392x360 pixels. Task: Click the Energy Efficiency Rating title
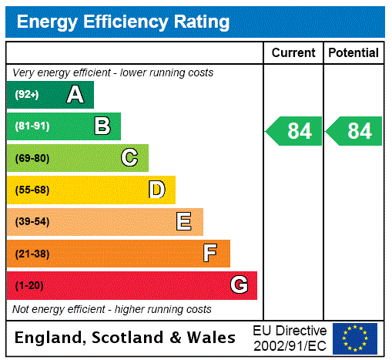123,22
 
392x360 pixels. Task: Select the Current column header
293,52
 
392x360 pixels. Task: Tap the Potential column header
353,52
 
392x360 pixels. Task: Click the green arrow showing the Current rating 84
293,131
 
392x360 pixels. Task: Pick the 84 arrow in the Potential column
353,131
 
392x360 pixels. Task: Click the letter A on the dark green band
75,95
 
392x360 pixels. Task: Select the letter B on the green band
102,126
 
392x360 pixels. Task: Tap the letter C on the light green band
129,158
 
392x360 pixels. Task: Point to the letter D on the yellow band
156,190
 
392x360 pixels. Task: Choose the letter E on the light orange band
183,222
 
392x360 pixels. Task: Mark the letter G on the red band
239,285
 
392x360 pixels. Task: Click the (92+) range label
27,95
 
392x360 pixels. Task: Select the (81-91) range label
32,126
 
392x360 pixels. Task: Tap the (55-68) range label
32,190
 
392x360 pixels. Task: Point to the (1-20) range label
29,285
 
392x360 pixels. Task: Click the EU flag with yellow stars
355,338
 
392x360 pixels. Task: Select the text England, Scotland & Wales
126,338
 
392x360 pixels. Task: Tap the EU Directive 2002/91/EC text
290,338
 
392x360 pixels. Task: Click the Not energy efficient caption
112,309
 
